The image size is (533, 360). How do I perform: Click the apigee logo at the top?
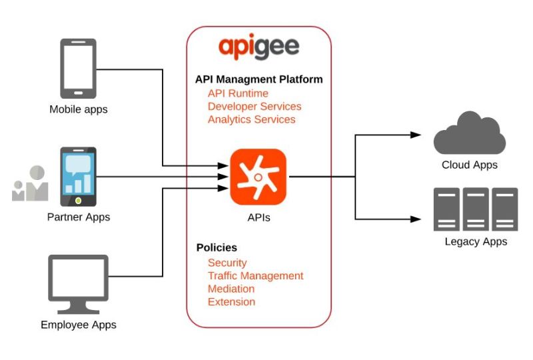click(259, 49)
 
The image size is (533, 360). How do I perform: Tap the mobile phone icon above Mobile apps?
click(79, 69)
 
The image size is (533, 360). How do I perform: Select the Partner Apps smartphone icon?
click(79, 177)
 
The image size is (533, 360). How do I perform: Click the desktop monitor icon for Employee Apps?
click(78, 284)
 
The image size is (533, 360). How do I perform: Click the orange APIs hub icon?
click(259, 177)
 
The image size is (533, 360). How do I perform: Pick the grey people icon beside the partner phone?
click(31, 184)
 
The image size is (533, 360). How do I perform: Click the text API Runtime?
click(238, 93)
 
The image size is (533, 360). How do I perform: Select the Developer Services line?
click(255, 107)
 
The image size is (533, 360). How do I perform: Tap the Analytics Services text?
click(251, 119)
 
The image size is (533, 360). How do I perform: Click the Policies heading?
click(217, 247)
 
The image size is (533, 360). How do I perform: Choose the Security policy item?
click(227, 263)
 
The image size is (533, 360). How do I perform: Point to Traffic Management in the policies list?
click(255, 275)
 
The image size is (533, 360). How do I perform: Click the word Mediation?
click(231, 289)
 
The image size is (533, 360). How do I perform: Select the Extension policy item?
click(231, 301)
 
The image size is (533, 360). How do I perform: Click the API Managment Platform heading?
click(259, 79)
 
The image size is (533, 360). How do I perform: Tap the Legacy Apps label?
click(476, 241)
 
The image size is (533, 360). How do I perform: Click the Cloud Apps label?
click(469, 165)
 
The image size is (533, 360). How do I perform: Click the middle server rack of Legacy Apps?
click(476, 209)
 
